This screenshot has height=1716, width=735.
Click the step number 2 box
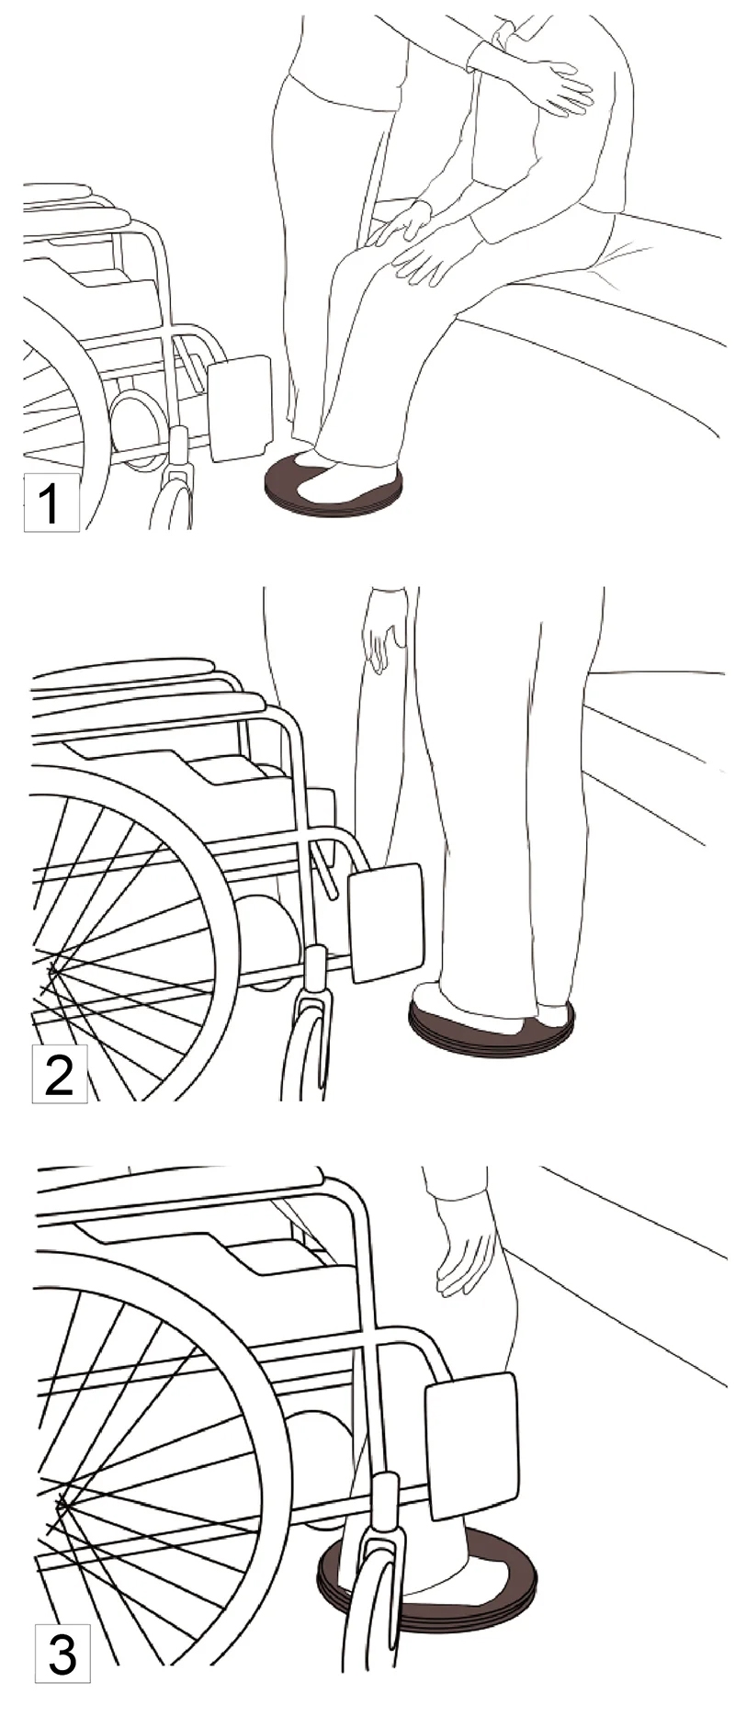click(60, 1074)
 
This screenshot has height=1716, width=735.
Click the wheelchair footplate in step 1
click(241, 410)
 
